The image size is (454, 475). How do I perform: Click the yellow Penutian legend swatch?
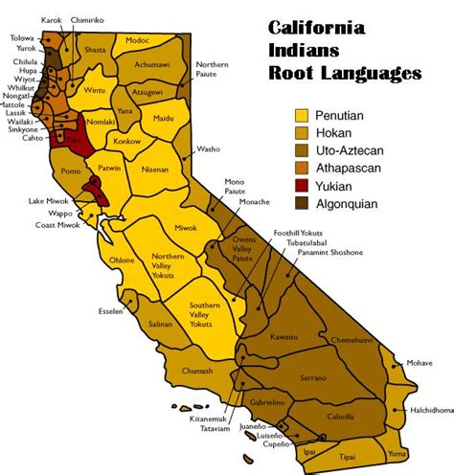(x=304, y=114)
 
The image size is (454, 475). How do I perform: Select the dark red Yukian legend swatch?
(x=304, y=185)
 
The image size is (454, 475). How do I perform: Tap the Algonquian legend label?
(x=351, y=203)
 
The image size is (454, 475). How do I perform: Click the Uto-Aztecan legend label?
(x=352, y=149)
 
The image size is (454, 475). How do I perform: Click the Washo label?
(x=208, y=149)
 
